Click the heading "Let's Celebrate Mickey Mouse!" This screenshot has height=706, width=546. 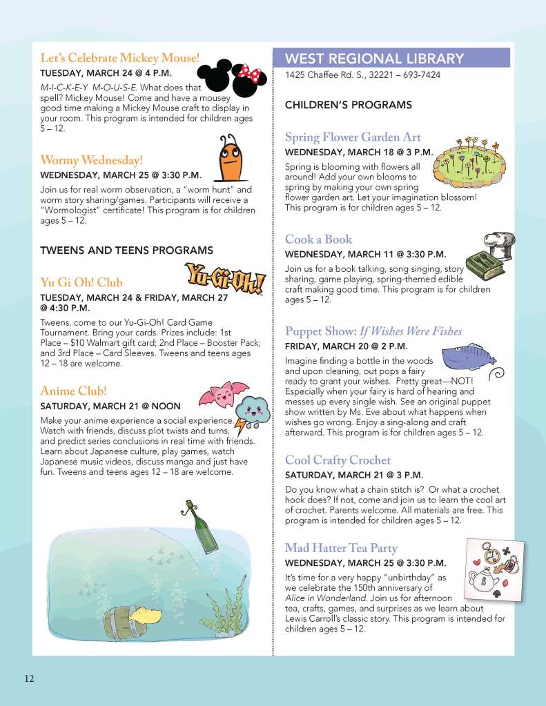tap(119, 57)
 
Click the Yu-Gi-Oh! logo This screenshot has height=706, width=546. tap(226, 277)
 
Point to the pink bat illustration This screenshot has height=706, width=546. tap(222, 394)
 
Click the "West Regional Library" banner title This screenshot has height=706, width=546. tap(375, 58)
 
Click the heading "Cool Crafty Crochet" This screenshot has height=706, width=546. tap(338, 460)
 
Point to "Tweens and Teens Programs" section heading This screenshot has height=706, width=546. tap(126, 251)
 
